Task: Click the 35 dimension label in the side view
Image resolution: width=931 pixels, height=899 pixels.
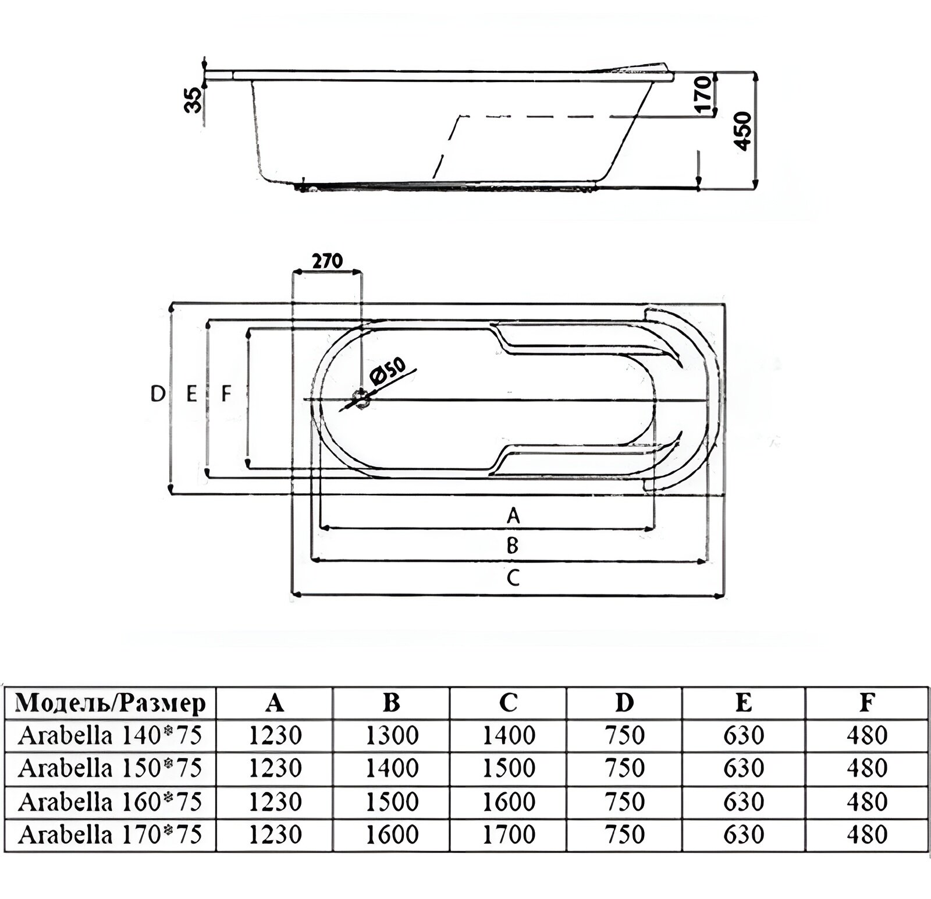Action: coord(194,99)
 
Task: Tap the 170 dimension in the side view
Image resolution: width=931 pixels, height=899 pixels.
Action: coord(702,93)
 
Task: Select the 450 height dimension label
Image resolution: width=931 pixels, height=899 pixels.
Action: coord(744,132)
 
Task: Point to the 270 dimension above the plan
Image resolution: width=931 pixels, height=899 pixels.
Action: coord(328,261)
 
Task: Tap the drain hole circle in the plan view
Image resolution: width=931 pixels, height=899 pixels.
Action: coord(362,399)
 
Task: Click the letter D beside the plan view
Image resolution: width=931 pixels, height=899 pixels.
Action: coord(157,395)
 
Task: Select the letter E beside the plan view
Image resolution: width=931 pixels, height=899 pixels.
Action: coord(191,395)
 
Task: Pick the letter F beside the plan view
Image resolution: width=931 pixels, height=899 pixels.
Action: coord(226,395)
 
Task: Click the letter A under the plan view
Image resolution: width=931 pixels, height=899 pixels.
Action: coord(513,515)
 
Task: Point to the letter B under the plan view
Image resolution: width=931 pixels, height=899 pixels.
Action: coord(512,546)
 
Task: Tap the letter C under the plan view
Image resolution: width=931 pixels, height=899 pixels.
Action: coord(512,578)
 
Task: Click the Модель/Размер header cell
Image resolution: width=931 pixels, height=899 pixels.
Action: coord(111,703)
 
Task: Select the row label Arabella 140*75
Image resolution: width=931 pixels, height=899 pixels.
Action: coord(110,736)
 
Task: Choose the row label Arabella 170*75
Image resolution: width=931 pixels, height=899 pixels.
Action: coord(110,835)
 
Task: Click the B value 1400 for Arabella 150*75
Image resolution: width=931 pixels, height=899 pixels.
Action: coord(392,769)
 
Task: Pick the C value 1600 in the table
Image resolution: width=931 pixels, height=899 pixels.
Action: coord(509,802)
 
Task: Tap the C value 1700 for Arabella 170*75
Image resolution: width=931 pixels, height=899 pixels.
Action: coord(509,835)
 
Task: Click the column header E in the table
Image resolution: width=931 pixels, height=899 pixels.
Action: coord(744,703)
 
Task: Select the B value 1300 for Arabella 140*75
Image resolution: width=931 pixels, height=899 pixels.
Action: coord(392,736)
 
